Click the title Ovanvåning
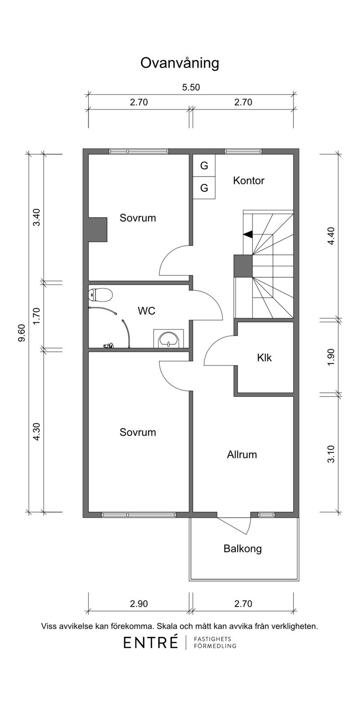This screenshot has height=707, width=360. point(180,63)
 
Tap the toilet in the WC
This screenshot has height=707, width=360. point(100,295)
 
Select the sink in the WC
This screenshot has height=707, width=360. point(169,339)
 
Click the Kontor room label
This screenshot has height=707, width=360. point(249,181)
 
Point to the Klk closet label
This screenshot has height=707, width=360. point(264,358)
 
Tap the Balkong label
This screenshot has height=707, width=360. point(243,549)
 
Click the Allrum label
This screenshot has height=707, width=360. point(242,455)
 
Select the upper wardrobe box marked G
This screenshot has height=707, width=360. point(204,166)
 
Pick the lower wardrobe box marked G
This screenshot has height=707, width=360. point(204,188)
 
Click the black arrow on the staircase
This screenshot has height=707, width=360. point(247,234)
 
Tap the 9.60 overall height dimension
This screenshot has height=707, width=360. point(22,333)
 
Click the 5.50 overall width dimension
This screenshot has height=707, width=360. point(191,87)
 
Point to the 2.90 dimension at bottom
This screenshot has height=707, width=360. point(139,604)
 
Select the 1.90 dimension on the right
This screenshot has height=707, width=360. point(331,357)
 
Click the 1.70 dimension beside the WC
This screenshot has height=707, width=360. point(37,315)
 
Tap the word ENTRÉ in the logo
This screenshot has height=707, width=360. point(151,643)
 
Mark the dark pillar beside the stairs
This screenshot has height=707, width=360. point(243,266)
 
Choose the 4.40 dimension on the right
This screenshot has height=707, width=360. point(331,236)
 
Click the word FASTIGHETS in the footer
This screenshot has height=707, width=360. point(212,639)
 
